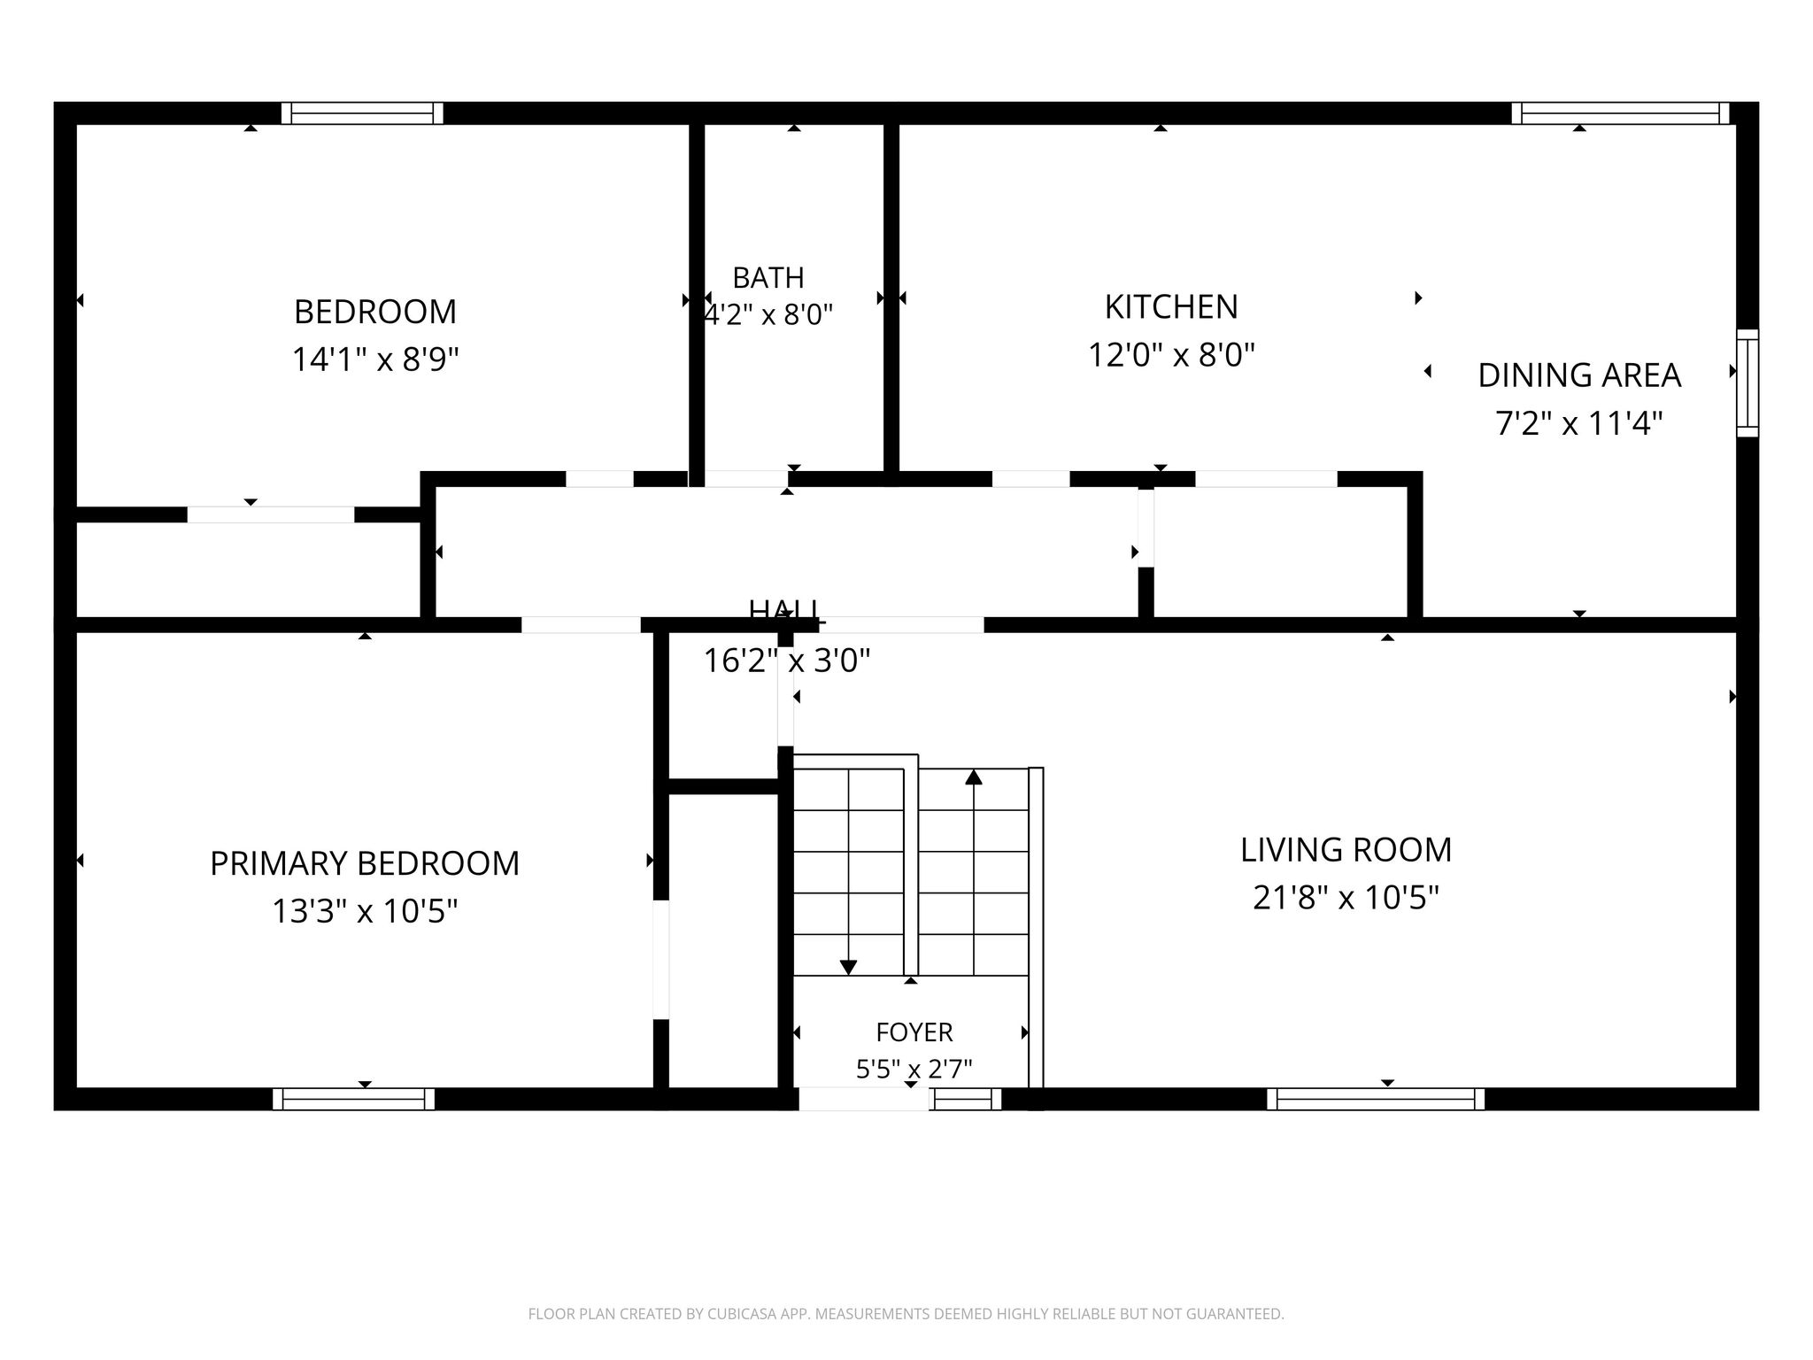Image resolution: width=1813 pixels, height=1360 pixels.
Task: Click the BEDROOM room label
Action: pyautogui.click(x=375, y=312)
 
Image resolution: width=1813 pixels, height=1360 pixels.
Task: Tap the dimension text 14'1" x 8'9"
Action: pyautogui.click(x=375, y=359)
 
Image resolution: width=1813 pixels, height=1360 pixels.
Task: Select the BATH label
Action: pyautogui.click(x=768, y=278)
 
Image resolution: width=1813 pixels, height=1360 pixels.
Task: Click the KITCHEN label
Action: pyautogui.click(x=1171, y=306)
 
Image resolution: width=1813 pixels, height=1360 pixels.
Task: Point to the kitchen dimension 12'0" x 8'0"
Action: pyautogui.click(x=1171, y=355)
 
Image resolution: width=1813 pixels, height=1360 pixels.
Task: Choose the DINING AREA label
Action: pyautogui.click(x=1579, y=375)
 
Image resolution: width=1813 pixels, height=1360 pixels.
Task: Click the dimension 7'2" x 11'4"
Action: pyautogui.click(x=1579, y=423)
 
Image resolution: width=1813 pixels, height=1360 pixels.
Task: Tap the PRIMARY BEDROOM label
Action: pyautogui.click(x=365, y=863)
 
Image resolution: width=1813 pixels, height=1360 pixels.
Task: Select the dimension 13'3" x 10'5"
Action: pyautogui.click(x=365, y=911)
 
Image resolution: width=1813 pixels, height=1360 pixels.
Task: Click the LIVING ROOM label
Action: pyautogui.click(x=1346, y=850)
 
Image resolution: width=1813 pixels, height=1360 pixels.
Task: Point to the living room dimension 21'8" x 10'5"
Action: pyautogui.click(x=1346, y=898)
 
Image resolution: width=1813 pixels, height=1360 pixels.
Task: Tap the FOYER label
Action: pyautogui.click(x=914, y=1032)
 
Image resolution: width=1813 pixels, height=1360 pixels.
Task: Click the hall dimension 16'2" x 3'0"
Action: pyautogui.click(x=787, y=661)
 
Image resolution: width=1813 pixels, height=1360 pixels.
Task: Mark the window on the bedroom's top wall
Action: pyautogui.click(x=362, y=113)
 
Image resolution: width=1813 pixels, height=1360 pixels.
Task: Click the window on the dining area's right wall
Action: pyautogui.click(x=1747, y=383)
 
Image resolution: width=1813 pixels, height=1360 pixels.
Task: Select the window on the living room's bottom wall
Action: pyautogui.click(x=1376, y=1099)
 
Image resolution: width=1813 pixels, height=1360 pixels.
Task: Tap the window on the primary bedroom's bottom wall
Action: pyautogui.click(x=354, y=1099)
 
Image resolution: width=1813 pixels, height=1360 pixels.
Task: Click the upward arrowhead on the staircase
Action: pyautogui.click(x=974, y=777)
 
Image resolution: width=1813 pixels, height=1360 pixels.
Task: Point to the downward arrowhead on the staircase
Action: pyautogui.click(x=848, y=968)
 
